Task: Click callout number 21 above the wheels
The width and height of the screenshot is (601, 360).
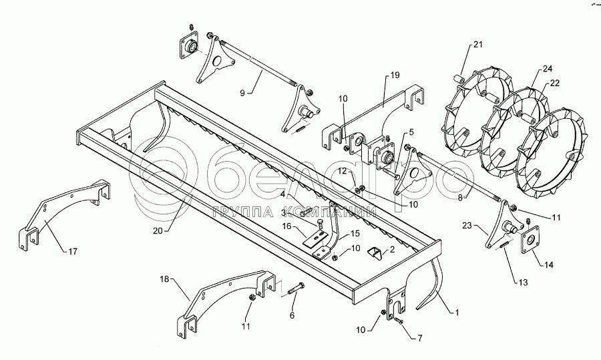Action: [x=477, y=45]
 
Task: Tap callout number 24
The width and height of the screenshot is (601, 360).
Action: [x=548, y=69]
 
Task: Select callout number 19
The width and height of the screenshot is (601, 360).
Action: [x=395, y=75]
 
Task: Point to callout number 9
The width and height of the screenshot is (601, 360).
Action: [x=242, y=92]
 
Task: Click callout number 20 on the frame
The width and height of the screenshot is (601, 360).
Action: [x=158, y=230]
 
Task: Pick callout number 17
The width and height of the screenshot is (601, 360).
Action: [x=73, y=252]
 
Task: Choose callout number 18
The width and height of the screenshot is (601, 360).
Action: [x=164, y=279]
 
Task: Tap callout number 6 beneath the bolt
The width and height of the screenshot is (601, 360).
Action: [x=292, y=315]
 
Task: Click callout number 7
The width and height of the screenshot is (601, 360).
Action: [x=420, y=338]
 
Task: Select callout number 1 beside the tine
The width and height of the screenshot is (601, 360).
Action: [x=457, y=313]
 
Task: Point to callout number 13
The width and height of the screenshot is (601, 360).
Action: [x=523, y=283]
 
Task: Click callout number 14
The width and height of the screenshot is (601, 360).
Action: [x=549, y=264]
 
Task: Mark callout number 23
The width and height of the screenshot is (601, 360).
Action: [x=467, y=226]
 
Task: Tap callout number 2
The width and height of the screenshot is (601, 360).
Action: [x=392, y=250]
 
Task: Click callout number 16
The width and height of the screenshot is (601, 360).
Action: [x=287, y=226]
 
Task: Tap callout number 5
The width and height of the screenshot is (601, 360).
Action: [x=411, y=132]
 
